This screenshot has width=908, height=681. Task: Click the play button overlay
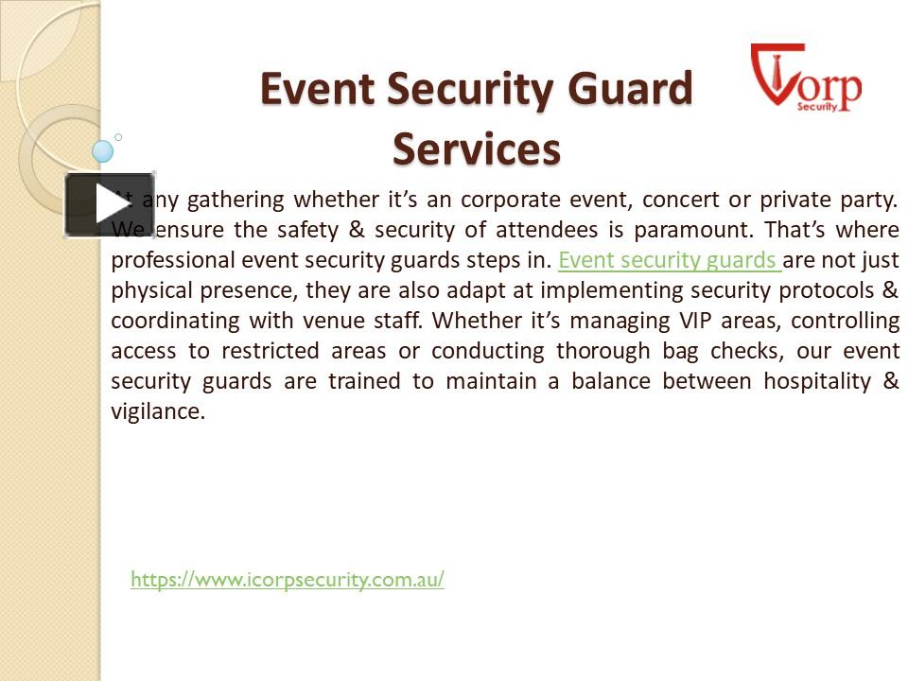coord(109,204)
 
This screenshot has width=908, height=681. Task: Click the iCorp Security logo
coord(806,79)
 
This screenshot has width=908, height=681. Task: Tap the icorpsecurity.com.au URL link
coord(287,580)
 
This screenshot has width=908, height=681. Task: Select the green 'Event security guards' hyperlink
coord(668,260)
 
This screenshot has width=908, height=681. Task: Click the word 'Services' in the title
coord(477,148)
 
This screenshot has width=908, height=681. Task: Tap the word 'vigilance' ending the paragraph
coord(157,411)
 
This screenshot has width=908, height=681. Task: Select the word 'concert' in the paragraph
coord(680,200)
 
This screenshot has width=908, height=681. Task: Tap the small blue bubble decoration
coord(103,150)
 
